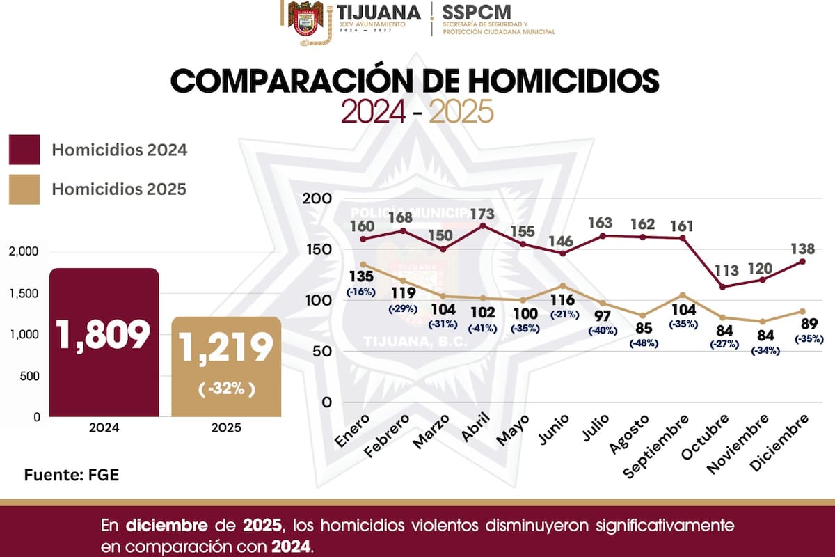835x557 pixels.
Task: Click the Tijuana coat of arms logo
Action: [307, 22]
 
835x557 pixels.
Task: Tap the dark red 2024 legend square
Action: [24, 150]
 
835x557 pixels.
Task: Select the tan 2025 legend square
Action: [24, 189]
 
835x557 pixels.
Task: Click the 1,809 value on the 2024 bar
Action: [104, 336]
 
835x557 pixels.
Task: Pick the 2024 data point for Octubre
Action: [722, 287]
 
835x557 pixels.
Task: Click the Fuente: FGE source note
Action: [72, 476]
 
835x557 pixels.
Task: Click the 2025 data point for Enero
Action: [363, 265]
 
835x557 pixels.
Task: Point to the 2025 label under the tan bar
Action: [226, 428]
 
